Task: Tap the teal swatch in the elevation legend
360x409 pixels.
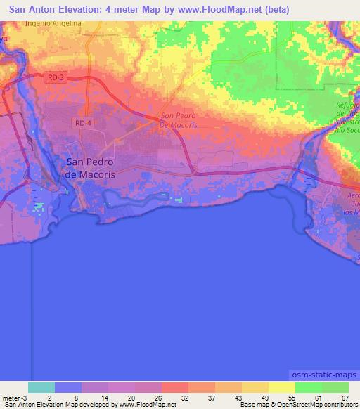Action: pos(41,387)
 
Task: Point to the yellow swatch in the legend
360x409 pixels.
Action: pos(281,387)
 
